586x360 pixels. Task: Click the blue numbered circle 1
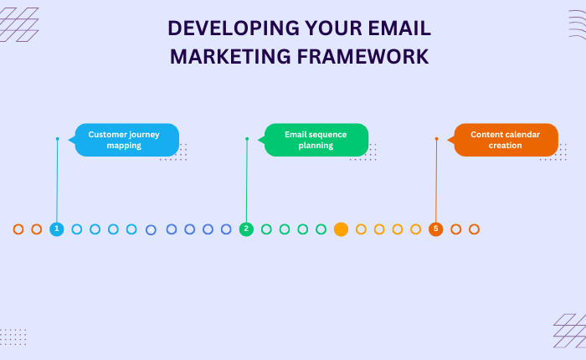coord(57,229)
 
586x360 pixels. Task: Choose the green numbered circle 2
coord(246,229)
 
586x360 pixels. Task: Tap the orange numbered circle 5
coord(435,229)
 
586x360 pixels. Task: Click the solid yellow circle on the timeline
coord(341,229)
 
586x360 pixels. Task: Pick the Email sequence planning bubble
coord(316,140)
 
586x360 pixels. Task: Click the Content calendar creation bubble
coord(506,140)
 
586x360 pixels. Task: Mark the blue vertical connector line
coord(57,180)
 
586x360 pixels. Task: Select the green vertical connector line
coord(246,180)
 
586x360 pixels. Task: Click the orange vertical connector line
coord(436,180)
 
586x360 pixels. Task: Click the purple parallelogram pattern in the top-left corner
coord(19,24)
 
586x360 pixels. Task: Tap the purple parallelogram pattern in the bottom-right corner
coord(568,330)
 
